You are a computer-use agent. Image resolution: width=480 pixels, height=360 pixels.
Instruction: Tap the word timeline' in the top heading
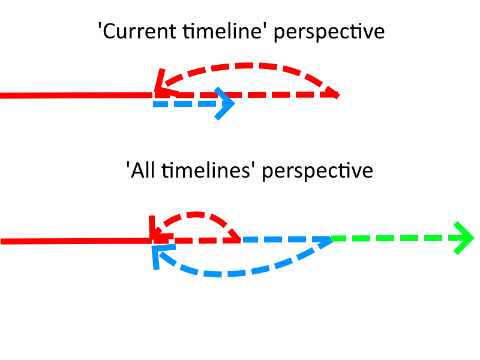223,31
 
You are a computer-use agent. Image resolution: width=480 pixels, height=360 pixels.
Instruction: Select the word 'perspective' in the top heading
329,32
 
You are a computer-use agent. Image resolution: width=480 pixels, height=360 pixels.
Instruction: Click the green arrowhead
463,238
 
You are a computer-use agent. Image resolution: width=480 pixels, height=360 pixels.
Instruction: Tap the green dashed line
398,238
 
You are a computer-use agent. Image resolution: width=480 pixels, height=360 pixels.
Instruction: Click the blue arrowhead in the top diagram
224,103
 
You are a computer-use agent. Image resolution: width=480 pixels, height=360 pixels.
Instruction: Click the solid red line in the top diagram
77,95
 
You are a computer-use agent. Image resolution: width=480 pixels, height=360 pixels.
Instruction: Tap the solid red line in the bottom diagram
76,241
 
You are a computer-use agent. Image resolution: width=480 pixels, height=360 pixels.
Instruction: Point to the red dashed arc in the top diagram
251,65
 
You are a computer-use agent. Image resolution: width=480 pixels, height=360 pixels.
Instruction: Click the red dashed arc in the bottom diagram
196,214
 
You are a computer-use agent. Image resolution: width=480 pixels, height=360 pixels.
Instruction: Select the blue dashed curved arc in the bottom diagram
220,274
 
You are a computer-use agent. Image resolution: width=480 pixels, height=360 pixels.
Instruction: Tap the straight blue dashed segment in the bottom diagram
287,239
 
